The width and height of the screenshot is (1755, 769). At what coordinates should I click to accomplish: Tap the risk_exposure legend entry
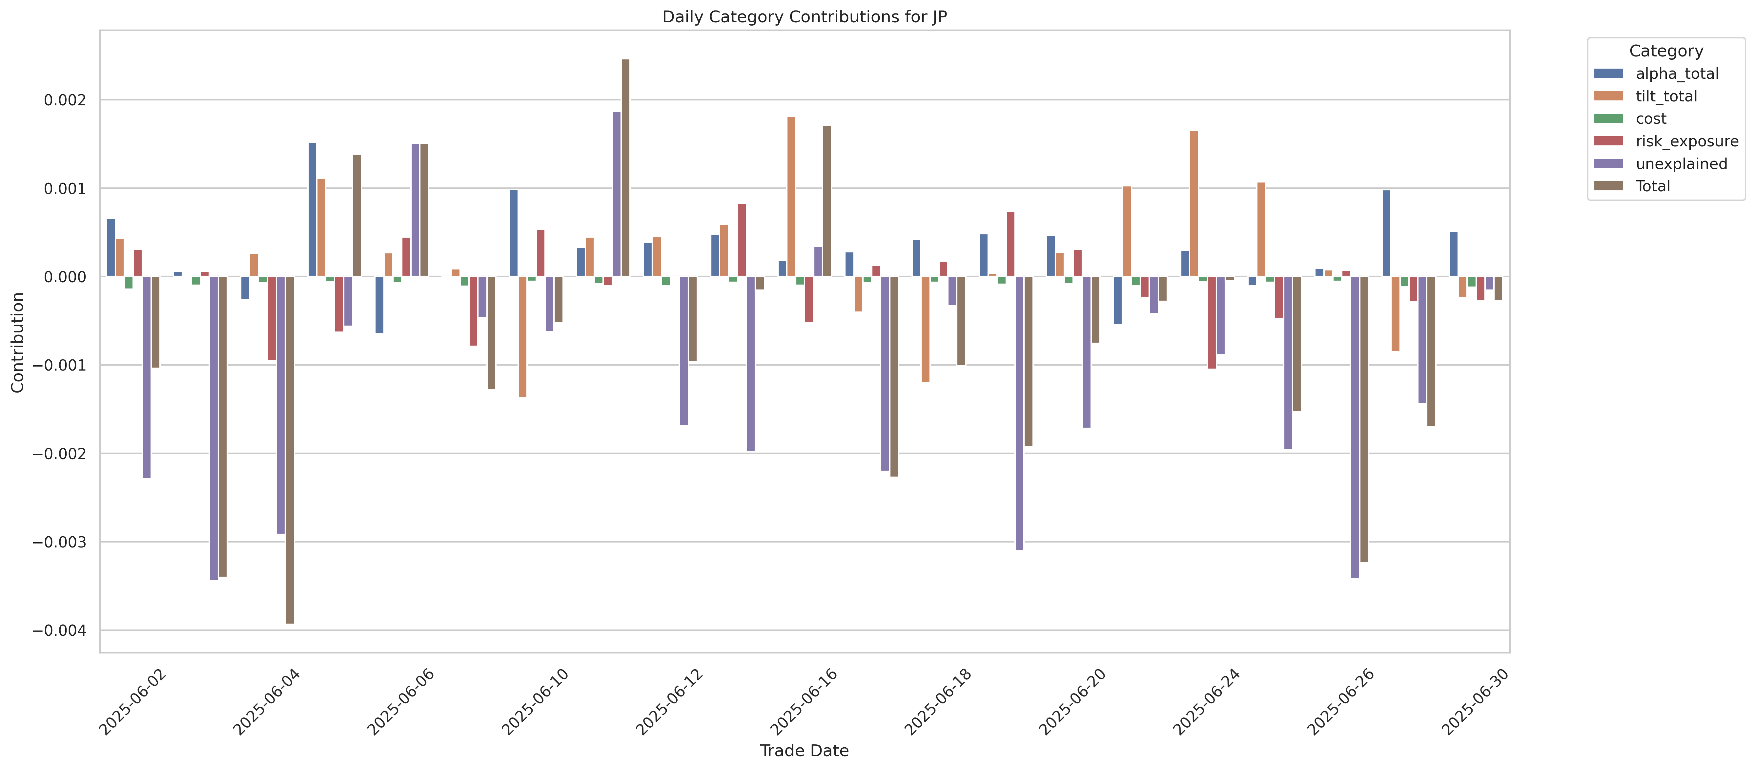click(1686, 141)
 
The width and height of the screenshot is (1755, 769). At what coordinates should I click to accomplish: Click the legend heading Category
click(1666, 51)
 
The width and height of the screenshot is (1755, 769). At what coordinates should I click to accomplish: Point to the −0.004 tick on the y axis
click(60, 630)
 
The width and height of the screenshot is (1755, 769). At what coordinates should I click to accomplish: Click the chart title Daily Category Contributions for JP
click(804, 17)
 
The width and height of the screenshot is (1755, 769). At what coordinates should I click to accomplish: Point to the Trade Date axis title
click(804, 751)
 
